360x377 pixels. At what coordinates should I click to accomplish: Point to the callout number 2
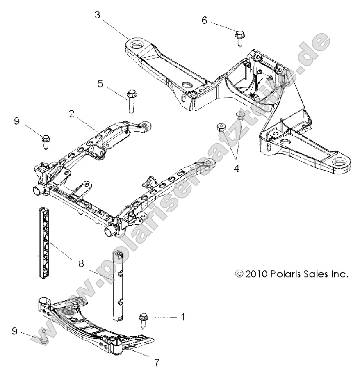(x=72, y=114)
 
